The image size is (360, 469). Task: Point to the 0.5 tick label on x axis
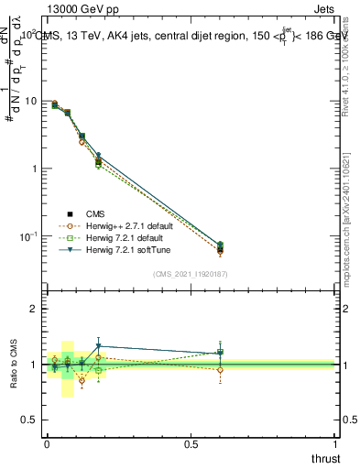point(191,444)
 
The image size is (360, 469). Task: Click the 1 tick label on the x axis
point(336,444)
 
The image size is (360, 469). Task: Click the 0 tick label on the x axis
point(47,444)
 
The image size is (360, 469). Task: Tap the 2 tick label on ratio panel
point(34,310)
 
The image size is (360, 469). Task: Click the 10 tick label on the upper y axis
point(30,102)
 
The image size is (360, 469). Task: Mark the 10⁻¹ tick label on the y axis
point(28,236)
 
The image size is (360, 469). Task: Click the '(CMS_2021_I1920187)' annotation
point(191,272)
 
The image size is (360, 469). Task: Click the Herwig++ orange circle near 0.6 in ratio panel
point(220,370)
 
